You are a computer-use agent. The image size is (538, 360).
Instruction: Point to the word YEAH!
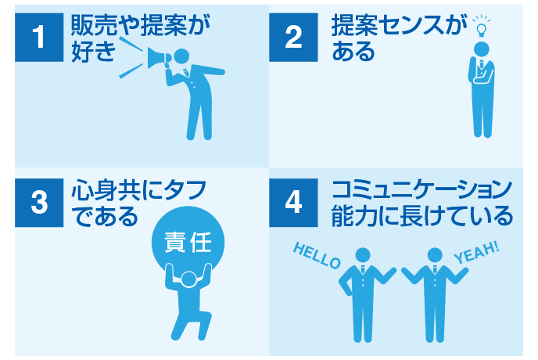(476, 254)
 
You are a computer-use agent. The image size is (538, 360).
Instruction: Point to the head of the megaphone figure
(182, 57)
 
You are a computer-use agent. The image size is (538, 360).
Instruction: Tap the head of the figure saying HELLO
(362, 255)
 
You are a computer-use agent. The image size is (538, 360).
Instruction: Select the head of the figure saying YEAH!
(435, 255)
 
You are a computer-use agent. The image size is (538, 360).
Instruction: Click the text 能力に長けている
(422, 214)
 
